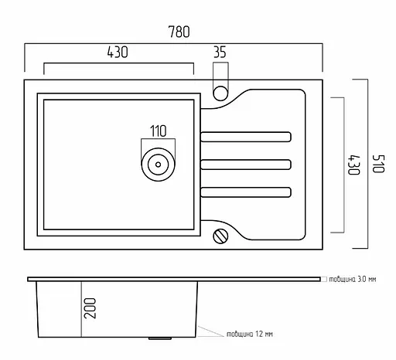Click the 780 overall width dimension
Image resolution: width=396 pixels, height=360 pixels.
179,32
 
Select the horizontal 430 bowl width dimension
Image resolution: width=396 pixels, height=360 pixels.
118,52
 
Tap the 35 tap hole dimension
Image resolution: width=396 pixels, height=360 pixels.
220,52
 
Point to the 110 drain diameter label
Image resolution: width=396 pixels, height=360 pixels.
159,131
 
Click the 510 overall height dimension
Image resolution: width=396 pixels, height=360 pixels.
378,164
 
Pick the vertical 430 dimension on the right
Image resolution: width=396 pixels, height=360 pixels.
353,165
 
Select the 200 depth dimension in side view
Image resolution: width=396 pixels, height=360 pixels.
90,308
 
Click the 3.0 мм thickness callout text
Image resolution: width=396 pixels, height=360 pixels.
353,279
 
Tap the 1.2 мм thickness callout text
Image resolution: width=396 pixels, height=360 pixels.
250,334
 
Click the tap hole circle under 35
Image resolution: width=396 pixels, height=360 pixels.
220,93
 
